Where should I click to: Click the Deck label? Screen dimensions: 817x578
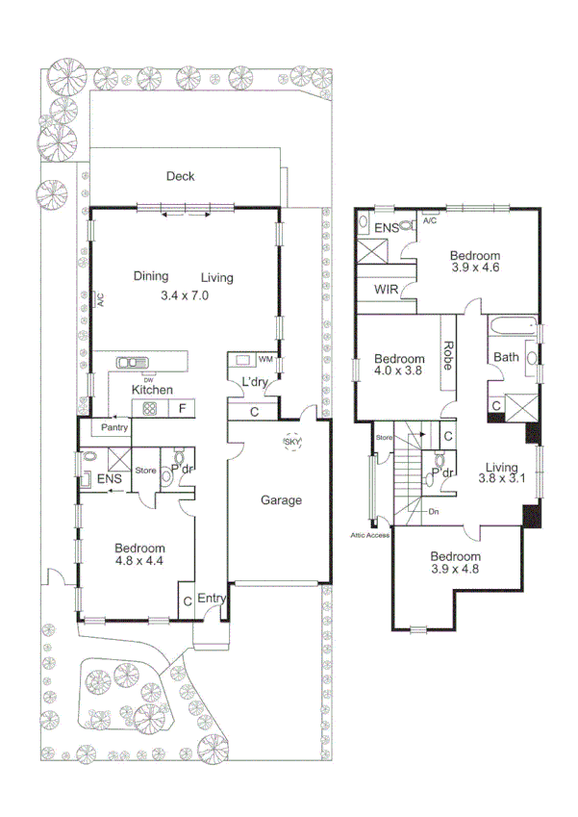pos(180,176)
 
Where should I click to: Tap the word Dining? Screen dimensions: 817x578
pos(151,277)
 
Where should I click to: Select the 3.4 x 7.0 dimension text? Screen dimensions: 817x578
pos(185,295)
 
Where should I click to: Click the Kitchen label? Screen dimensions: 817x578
pos(152,390)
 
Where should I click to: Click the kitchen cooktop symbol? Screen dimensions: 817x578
pos(150,409)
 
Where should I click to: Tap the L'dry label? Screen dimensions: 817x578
pos(255,383)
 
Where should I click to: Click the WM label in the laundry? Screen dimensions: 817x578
pos(265,359)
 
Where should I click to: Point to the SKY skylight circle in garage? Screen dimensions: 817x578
pos(291,443)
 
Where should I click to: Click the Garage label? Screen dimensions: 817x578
pos(281,500)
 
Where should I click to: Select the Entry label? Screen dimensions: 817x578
pos(212,600)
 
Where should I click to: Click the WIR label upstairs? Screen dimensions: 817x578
pos(386,290)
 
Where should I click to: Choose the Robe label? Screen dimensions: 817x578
pos(448,357)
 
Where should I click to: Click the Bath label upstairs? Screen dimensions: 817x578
pos(506,358)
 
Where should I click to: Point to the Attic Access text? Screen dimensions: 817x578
pos(370,534)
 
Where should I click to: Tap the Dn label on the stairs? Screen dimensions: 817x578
pos(434,512)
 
